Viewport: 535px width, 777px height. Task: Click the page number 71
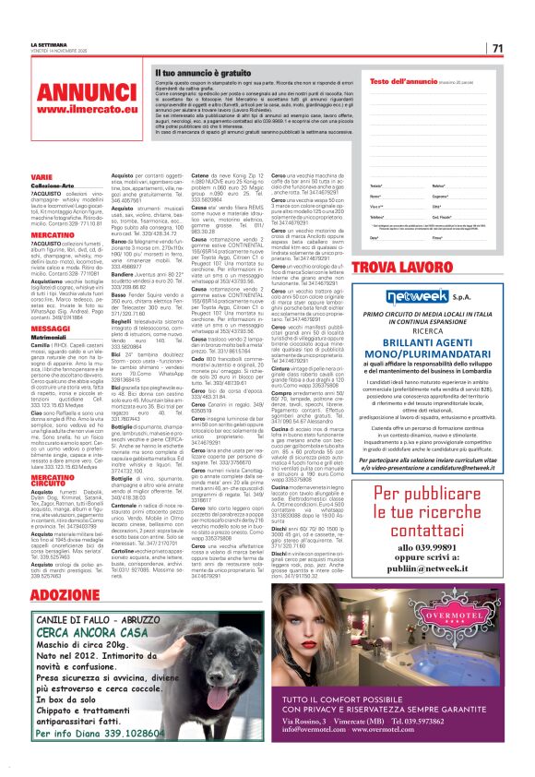497,48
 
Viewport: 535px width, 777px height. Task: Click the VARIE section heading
42,175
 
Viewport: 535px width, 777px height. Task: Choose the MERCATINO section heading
53,235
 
